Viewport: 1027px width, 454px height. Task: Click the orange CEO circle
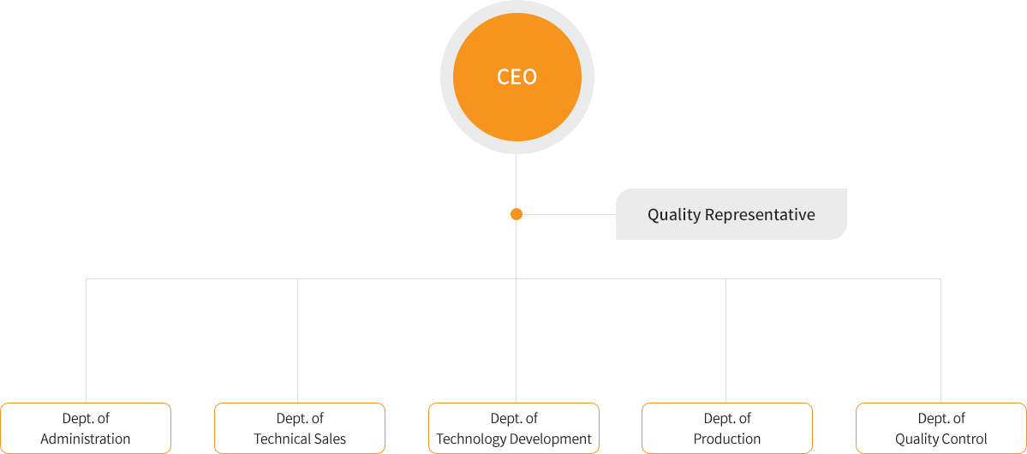(516, 77)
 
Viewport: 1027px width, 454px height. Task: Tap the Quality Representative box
(731, 214)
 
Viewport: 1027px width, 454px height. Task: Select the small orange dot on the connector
(516, 214)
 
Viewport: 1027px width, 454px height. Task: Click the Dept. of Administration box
(86, 428)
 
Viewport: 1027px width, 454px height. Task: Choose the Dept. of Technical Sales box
(300, 428)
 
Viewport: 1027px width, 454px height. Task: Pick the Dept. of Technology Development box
(514, 428)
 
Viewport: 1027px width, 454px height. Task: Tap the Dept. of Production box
(727, 428)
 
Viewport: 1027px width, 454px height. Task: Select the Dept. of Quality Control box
(941, 428)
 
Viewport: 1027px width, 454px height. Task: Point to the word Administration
(86, 439)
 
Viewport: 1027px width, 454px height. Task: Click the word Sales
(332, 439)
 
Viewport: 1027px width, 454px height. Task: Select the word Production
(727, 439)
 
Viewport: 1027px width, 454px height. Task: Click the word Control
(965, 439)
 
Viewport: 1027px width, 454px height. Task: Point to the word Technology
(472, 439)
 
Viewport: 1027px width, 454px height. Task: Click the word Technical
(284, 439)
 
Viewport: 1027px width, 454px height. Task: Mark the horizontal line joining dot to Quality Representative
(569, 214)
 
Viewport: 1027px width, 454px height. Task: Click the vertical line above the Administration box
(86, 341)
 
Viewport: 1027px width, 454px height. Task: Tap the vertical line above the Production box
(725, 341)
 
